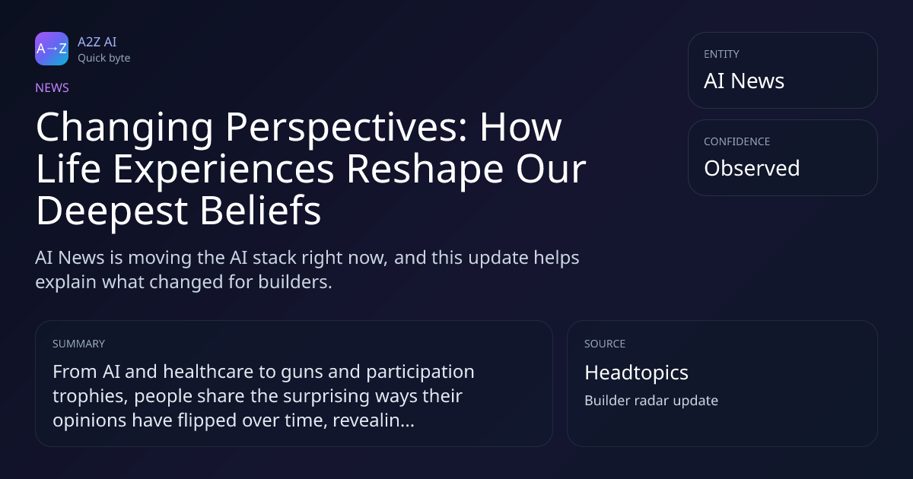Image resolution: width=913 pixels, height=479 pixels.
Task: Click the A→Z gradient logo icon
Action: tap(52, 49)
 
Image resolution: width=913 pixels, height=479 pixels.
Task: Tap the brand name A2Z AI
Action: tap(97, 42)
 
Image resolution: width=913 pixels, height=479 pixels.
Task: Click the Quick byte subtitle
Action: tap(104, 59)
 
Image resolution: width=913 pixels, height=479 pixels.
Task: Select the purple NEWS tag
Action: tap(52, 88)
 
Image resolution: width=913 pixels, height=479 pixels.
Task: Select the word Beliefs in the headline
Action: tap(260, 210)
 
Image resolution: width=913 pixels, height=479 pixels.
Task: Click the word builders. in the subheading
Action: tap(295, 282)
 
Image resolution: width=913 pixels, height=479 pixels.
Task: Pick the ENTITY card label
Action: tap(721, 54)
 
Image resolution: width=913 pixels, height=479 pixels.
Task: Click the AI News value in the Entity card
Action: tap(744, 81)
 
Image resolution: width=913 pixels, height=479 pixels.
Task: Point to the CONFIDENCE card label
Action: tap(737, 141)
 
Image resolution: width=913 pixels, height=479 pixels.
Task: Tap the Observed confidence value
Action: tap(752, 168)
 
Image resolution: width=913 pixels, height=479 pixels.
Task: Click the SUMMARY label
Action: tap(78, 344)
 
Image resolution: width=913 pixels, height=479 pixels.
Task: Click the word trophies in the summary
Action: tap(90, 397)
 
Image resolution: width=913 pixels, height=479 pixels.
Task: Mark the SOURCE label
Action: tap(605, 344)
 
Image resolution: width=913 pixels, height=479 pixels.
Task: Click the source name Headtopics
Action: tap(636, 373)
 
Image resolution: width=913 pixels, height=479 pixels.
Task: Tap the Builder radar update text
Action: tap(651, 401)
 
